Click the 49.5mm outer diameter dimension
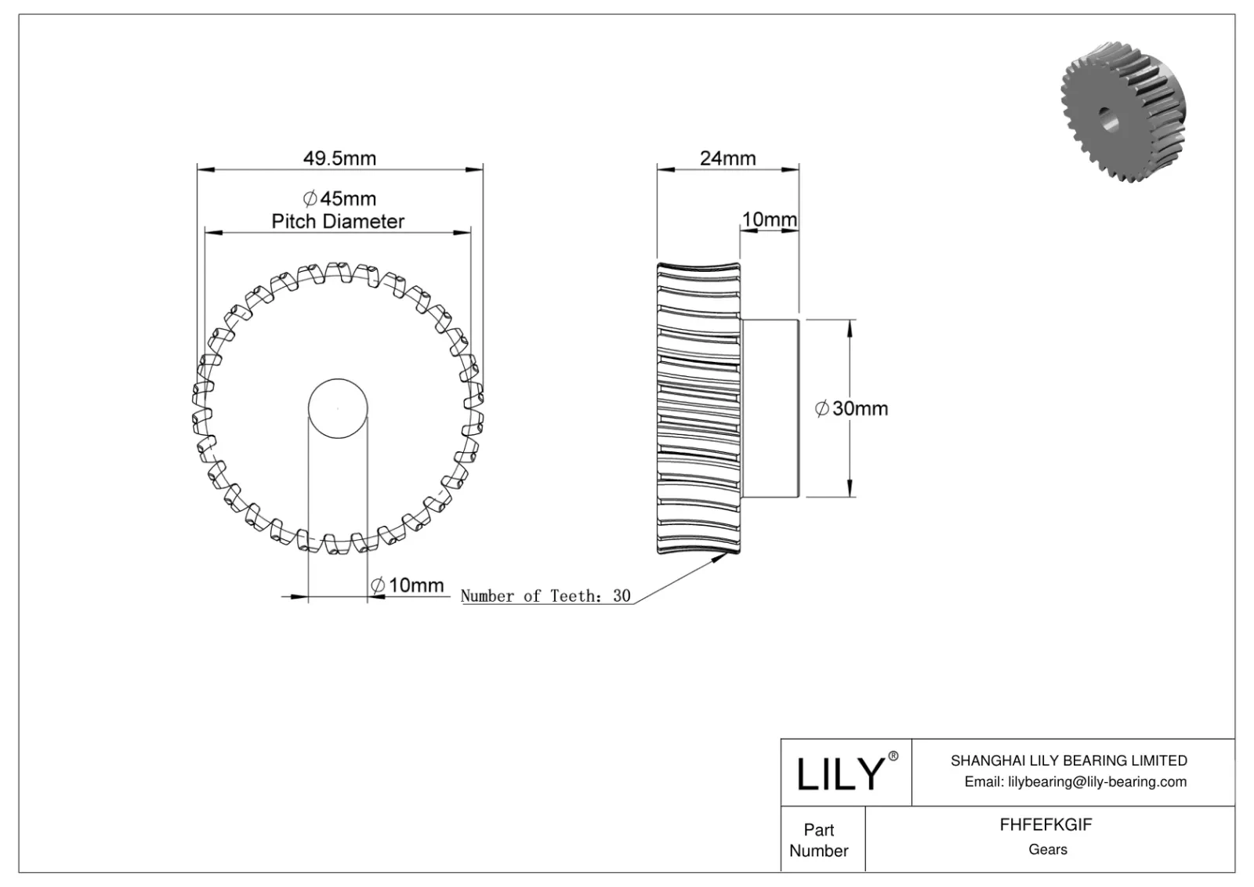[x=339, y=158]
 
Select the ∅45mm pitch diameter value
[x=339, y=198]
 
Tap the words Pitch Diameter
[x=338, y=221]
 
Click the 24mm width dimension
[x=727, y=158]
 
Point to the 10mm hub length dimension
[x=769, y=219]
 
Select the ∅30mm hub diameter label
[x=851, y=408]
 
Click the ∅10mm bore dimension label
[x=407, y=585]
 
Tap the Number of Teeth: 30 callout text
[x=545, y=596]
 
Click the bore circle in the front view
[x=338, y=408]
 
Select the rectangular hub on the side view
[x=769, y=407]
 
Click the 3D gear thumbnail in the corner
[x=1122, y=111]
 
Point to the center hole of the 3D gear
[x=1107, y=118]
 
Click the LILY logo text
[x=839, y=774]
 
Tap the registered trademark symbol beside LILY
[x=893, y=756]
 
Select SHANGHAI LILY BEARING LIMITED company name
[x=1068, y=760]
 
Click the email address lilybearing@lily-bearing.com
[x=1096, y=781]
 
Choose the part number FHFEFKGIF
[x=1046, y=824]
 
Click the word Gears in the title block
[x=1047, y=849]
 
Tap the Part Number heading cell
[x=819, y=839]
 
